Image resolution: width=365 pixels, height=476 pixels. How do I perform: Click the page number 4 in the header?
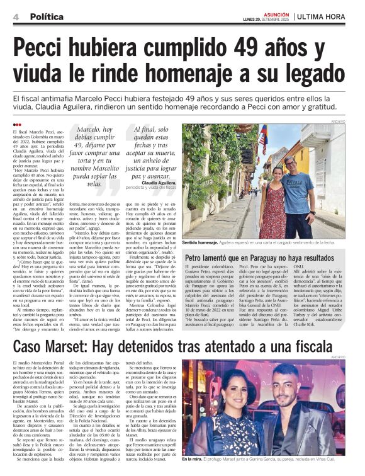point(14,16)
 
